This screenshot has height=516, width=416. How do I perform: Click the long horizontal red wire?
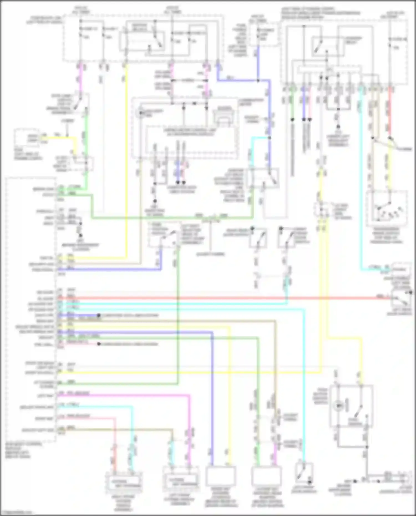222,298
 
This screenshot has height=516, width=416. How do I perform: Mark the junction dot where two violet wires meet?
258,81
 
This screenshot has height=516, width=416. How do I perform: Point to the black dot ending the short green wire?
292,120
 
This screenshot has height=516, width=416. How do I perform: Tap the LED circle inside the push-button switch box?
338,406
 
